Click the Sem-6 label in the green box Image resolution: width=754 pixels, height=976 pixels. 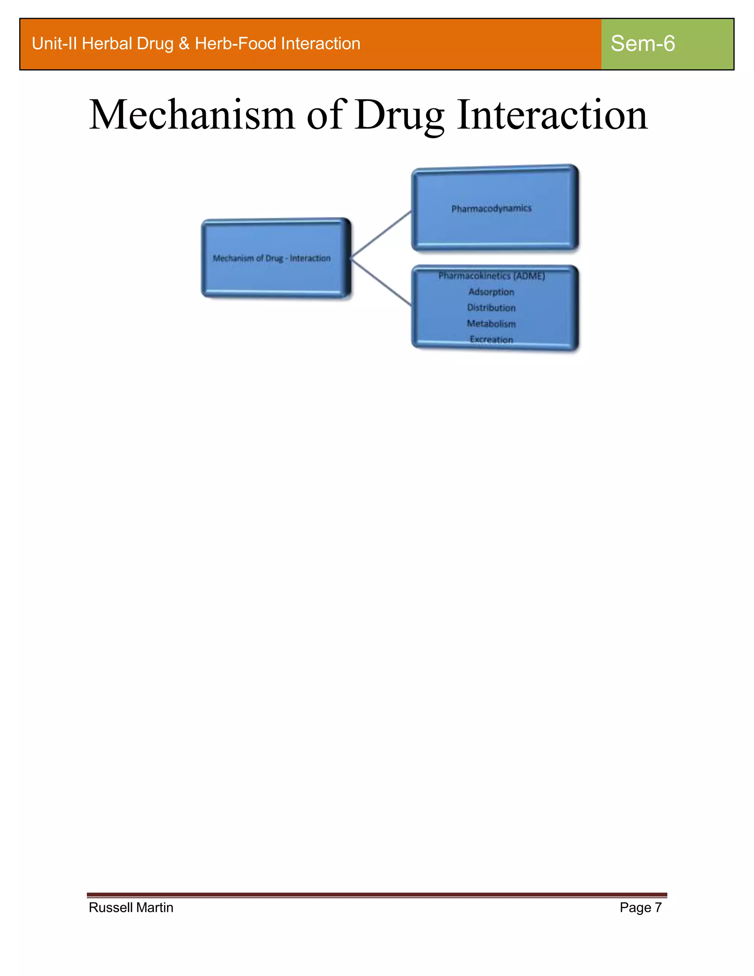(x=642, y=44)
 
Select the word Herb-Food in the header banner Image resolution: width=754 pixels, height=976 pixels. (x=235, y=44)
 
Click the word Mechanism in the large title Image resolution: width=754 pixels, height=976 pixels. (x=192, y=115)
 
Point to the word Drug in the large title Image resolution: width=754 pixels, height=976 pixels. (x=400, y=115)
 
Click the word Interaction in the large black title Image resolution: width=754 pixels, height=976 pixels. (x=552, y=115)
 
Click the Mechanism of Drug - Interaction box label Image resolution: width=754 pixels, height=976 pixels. (x=272, y=258)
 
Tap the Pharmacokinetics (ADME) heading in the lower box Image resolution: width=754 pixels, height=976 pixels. (x=491, y=276)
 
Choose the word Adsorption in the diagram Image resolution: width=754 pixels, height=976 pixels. (x=491, y=292)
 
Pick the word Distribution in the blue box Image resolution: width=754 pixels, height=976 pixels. (x=491, y=308)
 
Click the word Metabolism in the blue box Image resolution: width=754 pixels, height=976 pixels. (x=491, y=323)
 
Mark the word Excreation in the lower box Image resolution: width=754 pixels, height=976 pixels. (x=491, y=340)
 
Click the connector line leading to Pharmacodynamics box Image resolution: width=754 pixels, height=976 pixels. (x=381, y=234)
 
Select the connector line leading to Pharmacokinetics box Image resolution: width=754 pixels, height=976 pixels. (x=381, y=282)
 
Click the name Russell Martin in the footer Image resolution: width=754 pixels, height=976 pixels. (x=131, y=907)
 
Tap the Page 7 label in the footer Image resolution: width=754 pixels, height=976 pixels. (x=640, y=907)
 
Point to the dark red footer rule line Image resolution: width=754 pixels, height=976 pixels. (x=377, y=895)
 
